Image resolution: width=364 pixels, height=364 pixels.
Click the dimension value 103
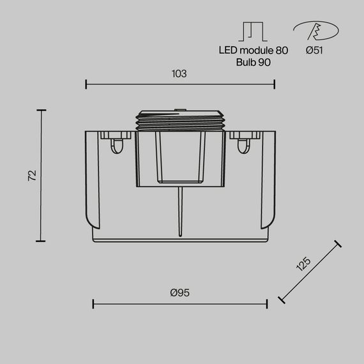point(179,73)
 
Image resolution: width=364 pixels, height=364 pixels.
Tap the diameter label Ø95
point(179,292)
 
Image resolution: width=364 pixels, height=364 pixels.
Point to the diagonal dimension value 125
point(303,265)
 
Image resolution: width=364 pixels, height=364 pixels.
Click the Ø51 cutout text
point(314,50)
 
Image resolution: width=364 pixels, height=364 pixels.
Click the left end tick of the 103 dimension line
point(86,84)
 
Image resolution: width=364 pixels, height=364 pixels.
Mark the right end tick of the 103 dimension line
point(274,84)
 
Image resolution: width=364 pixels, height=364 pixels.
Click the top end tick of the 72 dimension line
point(42,110)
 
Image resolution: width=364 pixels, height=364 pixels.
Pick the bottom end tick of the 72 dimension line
point(42,241)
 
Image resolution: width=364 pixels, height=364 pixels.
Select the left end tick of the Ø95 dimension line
point(93,303)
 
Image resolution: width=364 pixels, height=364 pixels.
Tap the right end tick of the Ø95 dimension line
point(266,303)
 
